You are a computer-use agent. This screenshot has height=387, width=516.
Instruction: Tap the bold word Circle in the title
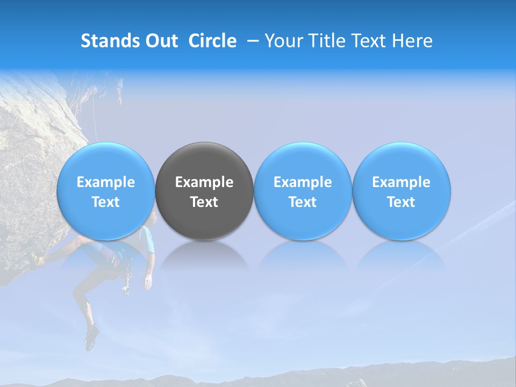click(x=212, y=41)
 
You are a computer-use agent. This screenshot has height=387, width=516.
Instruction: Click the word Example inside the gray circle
click(x=204, y=182)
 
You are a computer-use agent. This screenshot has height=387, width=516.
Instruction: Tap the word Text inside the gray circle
click(x=204, y=202)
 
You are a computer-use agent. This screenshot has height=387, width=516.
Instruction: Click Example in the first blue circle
click(x=105, y=182)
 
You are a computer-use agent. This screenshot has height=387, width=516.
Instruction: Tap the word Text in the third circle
click(x=303, y=202)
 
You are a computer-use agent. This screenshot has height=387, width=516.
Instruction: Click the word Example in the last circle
click(x=402, y=182)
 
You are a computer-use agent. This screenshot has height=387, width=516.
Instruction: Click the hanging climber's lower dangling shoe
click(x=91, y=337)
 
